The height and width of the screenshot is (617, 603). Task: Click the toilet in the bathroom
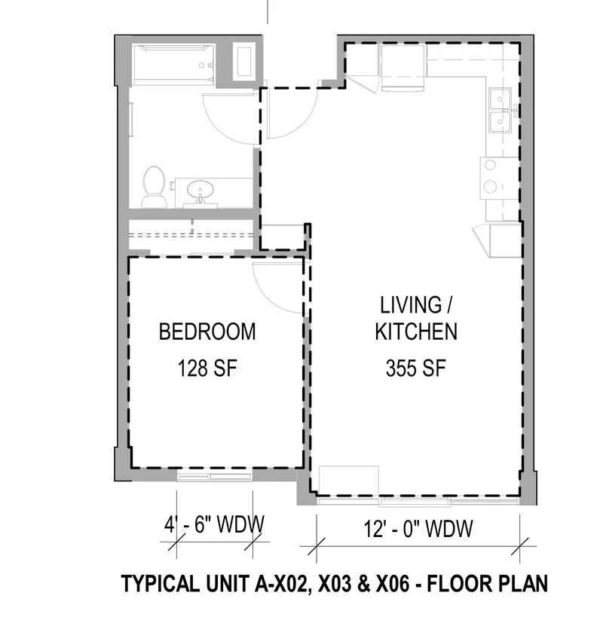[153, 187]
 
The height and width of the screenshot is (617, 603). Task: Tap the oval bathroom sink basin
[200, 190]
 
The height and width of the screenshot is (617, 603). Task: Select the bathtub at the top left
[173, 65]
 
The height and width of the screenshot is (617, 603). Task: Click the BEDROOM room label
[207, 331]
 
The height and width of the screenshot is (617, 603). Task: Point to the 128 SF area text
[207, 368]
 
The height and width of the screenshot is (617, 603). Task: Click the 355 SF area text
[415, 368]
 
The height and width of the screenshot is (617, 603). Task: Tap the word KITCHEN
[416, 331]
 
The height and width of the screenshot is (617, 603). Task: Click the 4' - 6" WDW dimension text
[215, 524]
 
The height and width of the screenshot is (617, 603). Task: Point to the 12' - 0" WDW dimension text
[418, 528]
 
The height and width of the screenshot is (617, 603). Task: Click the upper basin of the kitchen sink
[500, 99]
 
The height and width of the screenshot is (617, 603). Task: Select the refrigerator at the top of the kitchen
[403, 68]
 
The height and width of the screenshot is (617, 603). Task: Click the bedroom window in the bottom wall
[215, 477]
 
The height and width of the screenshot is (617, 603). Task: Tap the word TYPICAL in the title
[161, 583]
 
